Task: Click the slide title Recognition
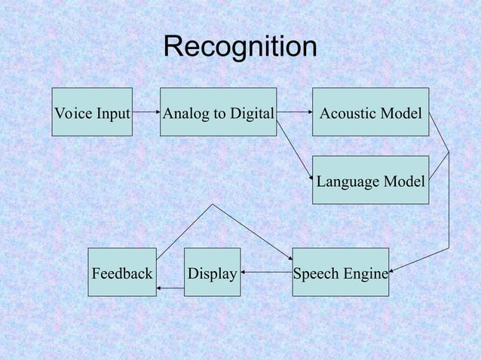click(x=240, y=47)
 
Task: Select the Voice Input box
click(x=92, y=112)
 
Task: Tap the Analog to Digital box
click(x=219, y=112)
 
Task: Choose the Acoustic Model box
click(x=370, y=112)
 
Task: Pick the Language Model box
click(x=370, y=180)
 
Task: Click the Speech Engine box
click(x=340, y=272)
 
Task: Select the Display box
click(x=213, y=272)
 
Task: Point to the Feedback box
click(x=122, y=272)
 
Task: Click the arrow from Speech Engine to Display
click(x=266, y=272)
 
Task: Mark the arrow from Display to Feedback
click(x=170, y=288)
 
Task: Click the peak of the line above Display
click(x=213, y=204)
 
